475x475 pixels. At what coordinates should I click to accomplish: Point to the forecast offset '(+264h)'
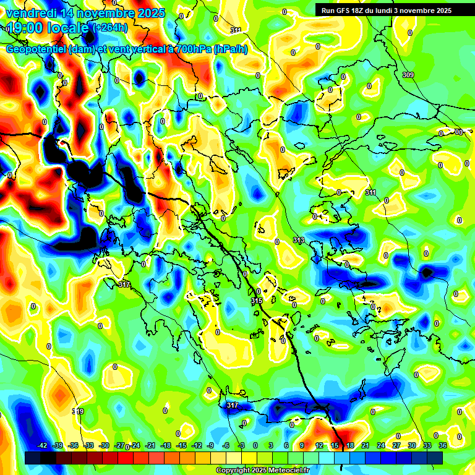[111, 28]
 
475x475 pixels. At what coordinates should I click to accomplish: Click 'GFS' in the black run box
[348, 11]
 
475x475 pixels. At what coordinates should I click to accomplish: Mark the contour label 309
[408, 75]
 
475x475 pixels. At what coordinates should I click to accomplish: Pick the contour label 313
[298, 240]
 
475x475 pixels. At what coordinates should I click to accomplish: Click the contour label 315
[257, 301]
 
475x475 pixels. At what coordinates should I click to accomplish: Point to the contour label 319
[78, 411]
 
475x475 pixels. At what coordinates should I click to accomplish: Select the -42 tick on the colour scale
[42, 445]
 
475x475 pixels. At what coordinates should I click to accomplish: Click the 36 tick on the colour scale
[442, 445]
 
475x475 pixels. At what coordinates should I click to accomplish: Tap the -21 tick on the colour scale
[150, 445]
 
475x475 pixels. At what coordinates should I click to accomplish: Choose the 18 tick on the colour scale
[349, 445]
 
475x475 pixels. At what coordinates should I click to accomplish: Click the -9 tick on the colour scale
[211, 445]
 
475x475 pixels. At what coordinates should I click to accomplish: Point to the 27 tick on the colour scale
[396, 445]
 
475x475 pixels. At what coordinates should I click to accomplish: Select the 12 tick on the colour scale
[319, 445]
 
